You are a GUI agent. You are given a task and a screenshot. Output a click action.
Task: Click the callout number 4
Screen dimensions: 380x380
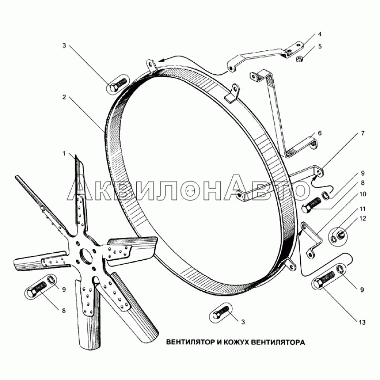tap(320, 34)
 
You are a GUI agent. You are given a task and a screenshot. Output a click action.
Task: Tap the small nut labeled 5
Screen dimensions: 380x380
tap(299, 59)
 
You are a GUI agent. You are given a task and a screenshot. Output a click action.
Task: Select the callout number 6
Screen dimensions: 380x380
tap(320, 133)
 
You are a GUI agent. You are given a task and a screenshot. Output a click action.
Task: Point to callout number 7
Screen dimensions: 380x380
tap(362, 133)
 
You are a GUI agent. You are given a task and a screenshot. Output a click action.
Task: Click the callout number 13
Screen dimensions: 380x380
tap(362, 323)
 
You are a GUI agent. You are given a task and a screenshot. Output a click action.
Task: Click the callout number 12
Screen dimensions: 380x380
tap(362, 218)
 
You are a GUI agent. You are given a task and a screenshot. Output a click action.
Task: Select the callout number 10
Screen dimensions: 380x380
tap(362, 194)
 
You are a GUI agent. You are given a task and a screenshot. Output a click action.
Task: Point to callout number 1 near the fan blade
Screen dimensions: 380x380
tap(64, 153)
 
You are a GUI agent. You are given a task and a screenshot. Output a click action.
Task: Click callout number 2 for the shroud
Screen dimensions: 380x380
tap(64, 97)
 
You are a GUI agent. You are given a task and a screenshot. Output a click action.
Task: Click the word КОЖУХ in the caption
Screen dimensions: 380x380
tap(237, 342)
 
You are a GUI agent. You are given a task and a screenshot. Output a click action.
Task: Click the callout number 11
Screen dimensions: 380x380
tap(362, 209)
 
